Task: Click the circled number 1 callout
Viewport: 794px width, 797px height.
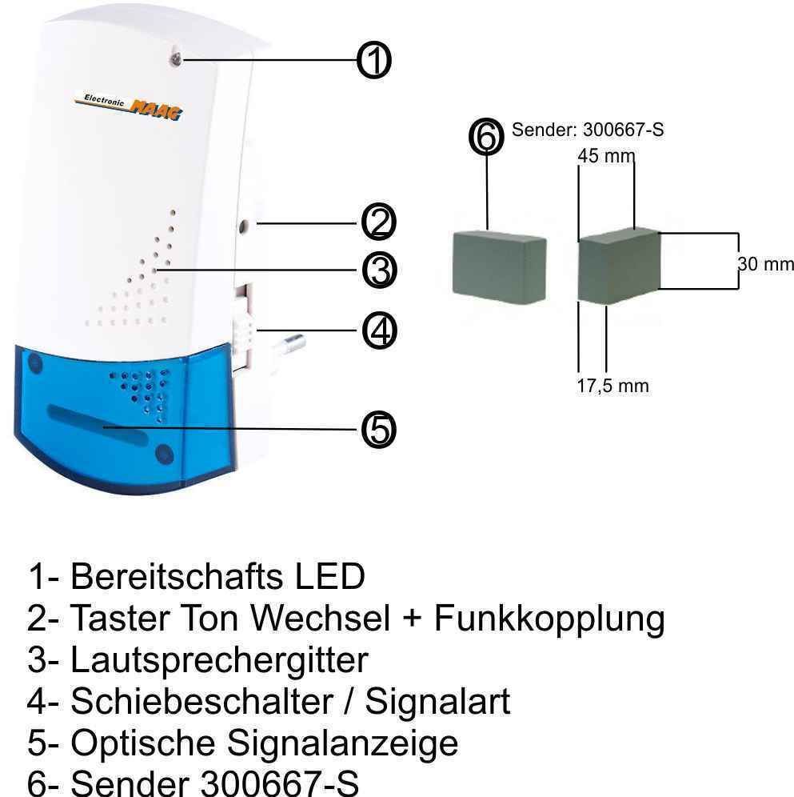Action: (374, 60)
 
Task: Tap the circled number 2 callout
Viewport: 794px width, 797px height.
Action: (378, 222)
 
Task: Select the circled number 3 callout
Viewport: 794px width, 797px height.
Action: (379, 270)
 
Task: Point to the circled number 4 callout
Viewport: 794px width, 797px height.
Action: (379, 331)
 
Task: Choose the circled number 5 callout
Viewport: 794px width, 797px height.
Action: (378, 430)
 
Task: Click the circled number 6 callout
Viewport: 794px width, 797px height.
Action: (486, 137)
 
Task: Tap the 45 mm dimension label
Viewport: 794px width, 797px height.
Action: (606, 156)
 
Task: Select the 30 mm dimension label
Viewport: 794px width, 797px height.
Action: (765, 264)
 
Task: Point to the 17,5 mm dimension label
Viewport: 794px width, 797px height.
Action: (612, 386)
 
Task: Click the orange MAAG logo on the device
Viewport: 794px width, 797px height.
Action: (155, 110)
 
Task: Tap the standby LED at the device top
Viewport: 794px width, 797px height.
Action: (176, 60)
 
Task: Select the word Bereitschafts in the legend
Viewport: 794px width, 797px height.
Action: (176, 576)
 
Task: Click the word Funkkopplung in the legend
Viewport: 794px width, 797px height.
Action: (549, 619)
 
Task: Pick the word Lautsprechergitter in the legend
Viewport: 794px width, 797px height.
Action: (219, 660)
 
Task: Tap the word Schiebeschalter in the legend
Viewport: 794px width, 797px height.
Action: (201, 702)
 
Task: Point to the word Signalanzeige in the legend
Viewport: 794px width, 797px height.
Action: (342, 743)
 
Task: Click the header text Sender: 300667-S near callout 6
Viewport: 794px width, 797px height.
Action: (587, 130)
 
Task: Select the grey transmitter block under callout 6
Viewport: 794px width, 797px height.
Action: (499, 266)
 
